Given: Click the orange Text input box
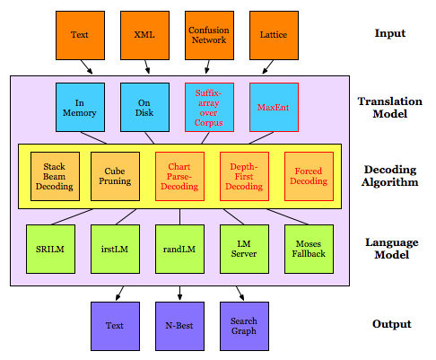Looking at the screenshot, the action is [80, 35].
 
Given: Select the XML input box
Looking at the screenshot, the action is [144, 35].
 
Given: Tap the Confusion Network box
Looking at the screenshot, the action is [209, 35].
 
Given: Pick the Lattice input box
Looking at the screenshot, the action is [274, 35].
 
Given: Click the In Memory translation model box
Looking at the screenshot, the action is [80, 107].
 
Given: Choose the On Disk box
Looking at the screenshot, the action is [144, 107].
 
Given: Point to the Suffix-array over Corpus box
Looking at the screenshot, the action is [209, 107].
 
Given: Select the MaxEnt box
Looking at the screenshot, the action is [274, 107].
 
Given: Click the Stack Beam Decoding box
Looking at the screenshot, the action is [55, 176].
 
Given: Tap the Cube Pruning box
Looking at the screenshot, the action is [115, 176].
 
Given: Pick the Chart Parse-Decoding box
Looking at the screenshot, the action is [179, 176].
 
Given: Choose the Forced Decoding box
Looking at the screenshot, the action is [309, 176].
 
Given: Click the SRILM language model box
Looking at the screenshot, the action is [50, 249].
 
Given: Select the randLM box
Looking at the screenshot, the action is [179, 249].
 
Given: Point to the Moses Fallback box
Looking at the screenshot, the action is [309, 249].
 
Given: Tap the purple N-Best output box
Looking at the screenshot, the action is [179, 326].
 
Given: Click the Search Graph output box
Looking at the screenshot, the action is [244, 326].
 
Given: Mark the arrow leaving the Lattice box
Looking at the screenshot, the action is [267, 67].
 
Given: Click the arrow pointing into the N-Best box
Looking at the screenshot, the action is [179, 294].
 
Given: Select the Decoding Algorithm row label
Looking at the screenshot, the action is [389, 176].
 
